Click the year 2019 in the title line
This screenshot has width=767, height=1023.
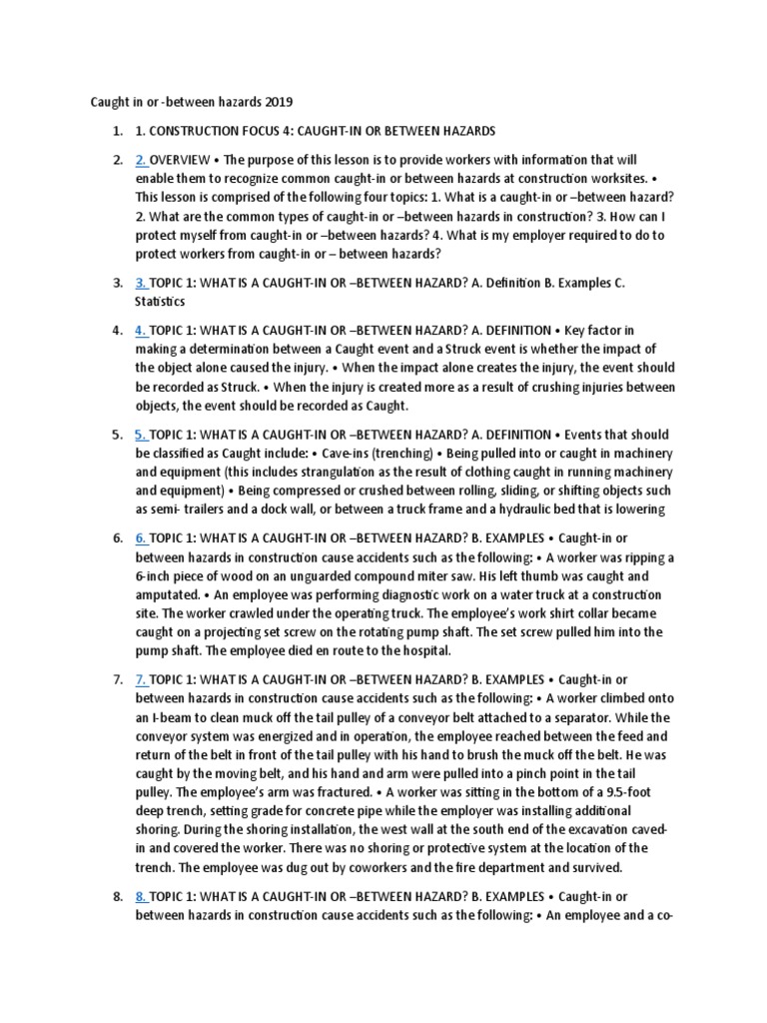coord(279,103)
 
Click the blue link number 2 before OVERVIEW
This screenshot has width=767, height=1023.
coord(140,160)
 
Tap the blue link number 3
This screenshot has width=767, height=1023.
coord(140,283)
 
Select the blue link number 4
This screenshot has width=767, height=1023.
coord(140,330)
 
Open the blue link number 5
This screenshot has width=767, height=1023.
coord(140,435)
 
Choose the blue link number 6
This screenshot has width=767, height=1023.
coord(140,537)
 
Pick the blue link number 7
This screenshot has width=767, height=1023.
coord(140,680)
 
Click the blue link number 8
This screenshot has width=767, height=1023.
coord(140,896)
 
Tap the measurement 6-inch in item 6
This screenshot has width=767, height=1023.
coord(157,575)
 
